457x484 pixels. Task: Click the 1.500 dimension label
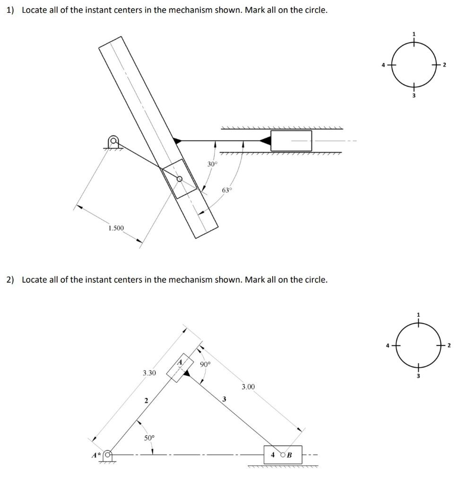115,228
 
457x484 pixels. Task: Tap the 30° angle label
213,164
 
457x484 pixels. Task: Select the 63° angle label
227,190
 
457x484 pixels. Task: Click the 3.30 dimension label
149,373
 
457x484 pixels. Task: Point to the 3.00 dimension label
248,387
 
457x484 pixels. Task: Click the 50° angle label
149,438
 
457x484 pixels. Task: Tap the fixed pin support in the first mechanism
113,141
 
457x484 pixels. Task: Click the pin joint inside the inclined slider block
179,179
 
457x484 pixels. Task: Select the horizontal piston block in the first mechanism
291,140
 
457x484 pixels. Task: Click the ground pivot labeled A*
108,455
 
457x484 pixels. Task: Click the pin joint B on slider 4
283,455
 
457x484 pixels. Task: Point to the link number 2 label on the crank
146,400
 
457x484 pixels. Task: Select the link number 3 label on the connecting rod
224,399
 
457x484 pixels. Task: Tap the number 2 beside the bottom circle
449,346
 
